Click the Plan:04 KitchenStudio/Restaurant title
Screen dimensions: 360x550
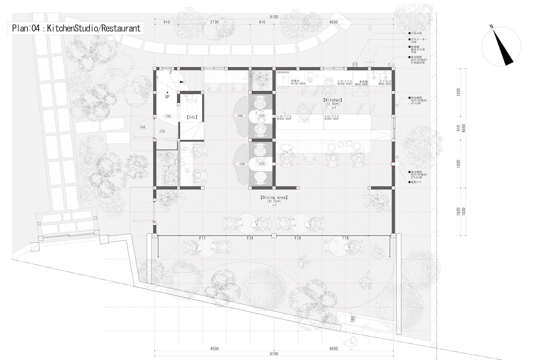click(76, 28)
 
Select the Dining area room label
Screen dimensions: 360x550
click(274, 197)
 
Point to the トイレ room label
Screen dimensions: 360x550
click(192, 117)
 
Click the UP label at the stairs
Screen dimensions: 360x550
click(167, 97)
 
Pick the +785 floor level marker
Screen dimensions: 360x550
click(167, 116)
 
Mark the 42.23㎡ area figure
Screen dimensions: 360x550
click(274, 201)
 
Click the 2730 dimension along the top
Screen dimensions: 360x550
click(214, 22)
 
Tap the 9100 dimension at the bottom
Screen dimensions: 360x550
click(274, 354)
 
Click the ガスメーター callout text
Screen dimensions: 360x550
click(419, 39)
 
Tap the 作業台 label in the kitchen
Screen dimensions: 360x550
click(295, 81)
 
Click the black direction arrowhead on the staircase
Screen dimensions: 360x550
click(182, 82)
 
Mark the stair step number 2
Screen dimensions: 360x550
click(170, 72)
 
